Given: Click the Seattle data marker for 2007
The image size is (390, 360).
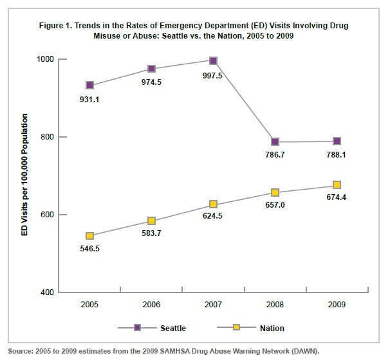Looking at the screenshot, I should [x=213, y=60].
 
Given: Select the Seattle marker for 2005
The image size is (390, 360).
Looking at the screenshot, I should [x=89, y=85].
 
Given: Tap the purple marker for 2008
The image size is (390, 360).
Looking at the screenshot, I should [x=275, y=141].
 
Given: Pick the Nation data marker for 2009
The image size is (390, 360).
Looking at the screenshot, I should [x=337, y=185].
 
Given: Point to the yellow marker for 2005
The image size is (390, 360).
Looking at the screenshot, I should [x=89, y=236].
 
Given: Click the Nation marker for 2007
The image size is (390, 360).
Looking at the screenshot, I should [x=213, y=204].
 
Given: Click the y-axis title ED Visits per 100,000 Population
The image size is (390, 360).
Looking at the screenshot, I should [x=25, y=175].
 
